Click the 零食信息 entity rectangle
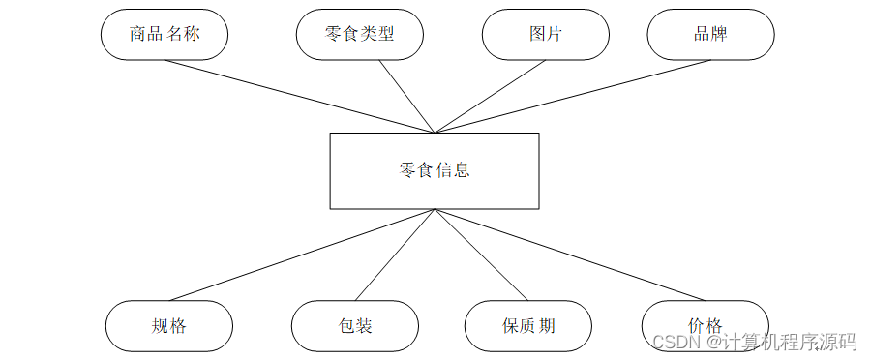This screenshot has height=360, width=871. (x=435, y=170)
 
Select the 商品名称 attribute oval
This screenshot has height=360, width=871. (x=164, y=35)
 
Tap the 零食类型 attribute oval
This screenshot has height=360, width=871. (x=359, y=35)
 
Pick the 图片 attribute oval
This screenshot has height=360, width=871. (x=545, y=35)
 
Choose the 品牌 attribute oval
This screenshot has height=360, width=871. (x=710, y=35)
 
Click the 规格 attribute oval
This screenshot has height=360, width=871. (x=168, y=326)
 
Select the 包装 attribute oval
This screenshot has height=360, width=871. (x=354, y=326)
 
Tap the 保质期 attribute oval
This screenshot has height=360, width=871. (x=528, y=326)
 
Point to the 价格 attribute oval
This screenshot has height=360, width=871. (x=705, y=326)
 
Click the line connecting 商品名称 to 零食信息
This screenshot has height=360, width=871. (x=300, y=97)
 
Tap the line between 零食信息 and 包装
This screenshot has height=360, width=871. (x=395, y=255)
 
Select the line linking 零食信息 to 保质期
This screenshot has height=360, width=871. (x=481, y=255)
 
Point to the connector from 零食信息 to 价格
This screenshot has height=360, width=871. (x=571, y=255)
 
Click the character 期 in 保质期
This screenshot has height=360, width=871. (x=547, y=326)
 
